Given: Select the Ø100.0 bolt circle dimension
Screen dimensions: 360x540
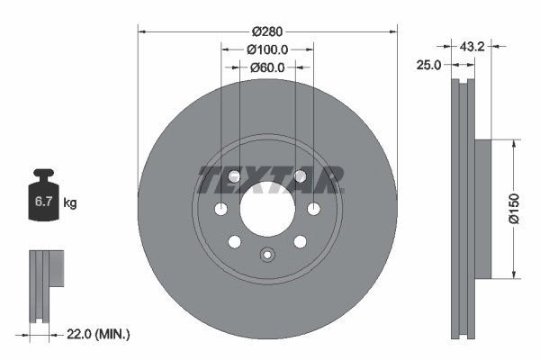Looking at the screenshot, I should [x=267, y=49].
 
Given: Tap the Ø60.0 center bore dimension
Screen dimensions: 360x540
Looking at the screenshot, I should [x=267, y=67].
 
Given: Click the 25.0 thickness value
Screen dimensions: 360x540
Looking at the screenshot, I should [x=427, y=65].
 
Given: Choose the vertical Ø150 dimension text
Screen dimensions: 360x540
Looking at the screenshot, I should [x=513, y=208].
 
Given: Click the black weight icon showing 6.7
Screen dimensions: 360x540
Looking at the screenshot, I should [x=43, y=199].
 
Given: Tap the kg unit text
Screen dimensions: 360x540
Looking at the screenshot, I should [x=70, y=203].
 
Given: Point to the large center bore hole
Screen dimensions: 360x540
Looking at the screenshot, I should [x=267, y=210].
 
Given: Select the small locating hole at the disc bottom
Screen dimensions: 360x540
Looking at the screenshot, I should [x=266, y=254].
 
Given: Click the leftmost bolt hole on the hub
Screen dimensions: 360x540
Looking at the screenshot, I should [x=221, y=210].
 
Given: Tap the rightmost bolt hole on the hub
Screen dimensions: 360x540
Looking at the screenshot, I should [x=313, y=210].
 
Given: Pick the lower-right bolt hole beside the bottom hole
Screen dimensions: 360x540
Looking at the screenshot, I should [x=300, y=241].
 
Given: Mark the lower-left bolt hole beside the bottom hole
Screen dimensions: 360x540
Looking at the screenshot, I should [x=234, y=241].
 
